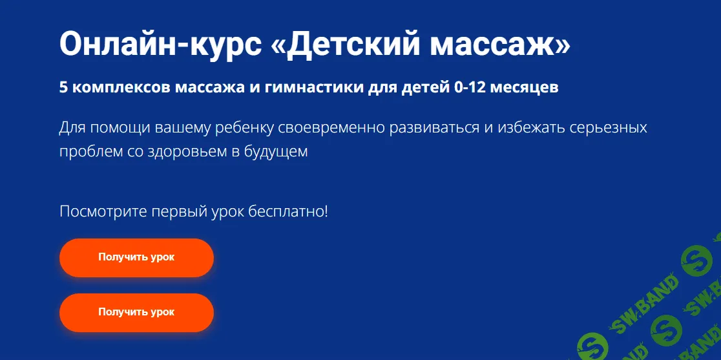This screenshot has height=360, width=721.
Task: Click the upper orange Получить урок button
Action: [x=136, y=257]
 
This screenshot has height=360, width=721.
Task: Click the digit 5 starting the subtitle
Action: [x=63, y=88]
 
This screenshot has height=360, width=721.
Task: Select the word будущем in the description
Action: [x=284, y=153]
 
